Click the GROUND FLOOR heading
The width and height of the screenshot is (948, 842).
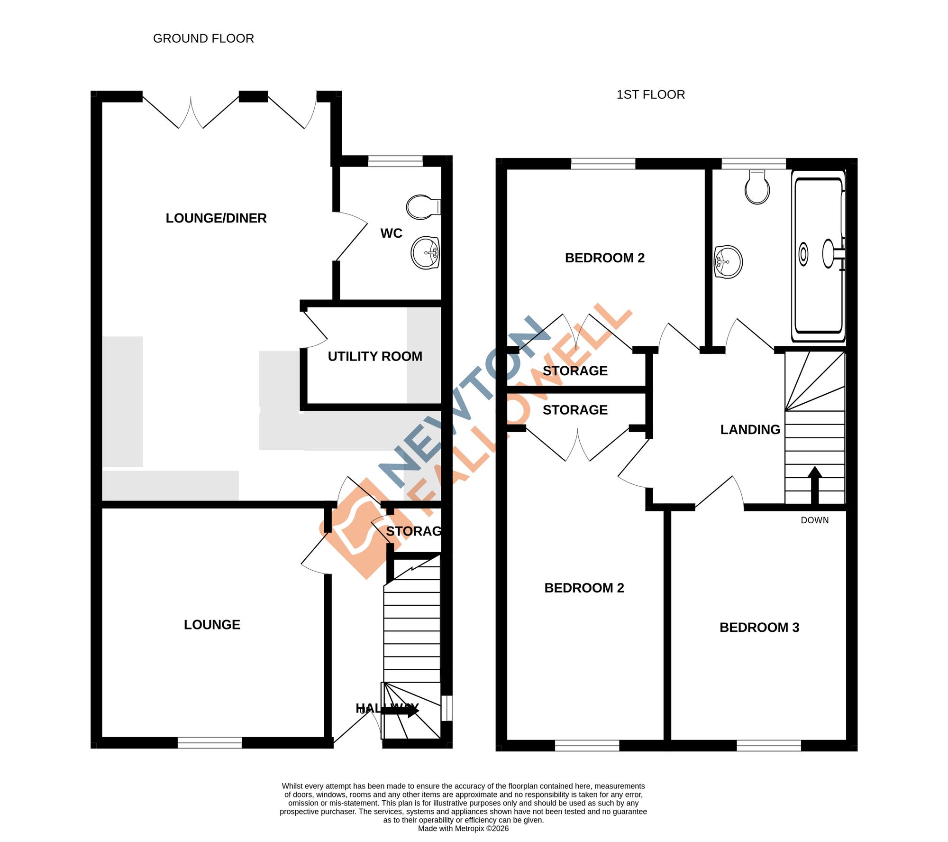coord(203,38)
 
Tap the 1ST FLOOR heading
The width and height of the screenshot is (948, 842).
coord(650,94)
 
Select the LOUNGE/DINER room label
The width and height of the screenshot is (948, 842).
coord(216,218)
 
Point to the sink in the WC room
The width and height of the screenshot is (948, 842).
coord(425,253)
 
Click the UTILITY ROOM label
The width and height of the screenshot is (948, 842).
coord(374,356)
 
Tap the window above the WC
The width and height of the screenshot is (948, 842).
coord(395,161)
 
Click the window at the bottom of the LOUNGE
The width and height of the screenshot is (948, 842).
coord(210,743)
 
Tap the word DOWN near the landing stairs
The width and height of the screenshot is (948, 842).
coord(814,520)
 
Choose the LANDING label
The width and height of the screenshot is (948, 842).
coord(750,430)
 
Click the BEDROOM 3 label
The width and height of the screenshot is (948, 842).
coord(759,627)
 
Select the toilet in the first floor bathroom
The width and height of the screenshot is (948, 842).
coord(757,188)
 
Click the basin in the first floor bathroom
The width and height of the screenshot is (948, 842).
coord(728,261)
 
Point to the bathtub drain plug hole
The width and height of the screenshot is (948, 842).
coord(803,254)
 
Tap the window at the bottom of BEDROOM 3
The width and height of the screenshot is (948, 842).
coord(768,746)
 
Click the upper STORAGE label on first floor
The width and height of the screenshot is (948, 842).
coord(574,371)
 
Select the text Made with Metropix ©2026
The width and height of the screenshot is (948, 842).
coord(463,828)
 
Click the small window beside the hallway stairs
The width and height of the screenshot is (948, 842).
coord(447,708)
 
